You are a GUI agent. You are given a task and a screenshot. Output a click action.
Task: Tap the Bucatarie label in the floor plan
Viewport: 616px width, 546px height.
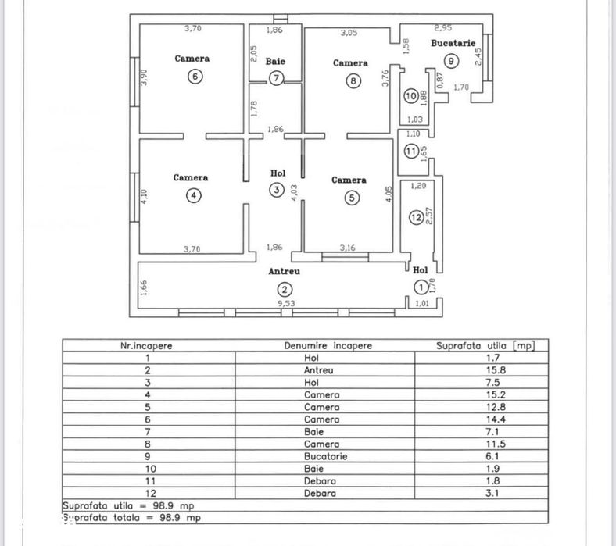pyautogui.click(x=453, y=44)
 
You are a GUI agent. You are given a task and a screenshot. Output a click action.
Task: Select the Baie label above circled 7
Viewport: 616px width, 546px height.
pyautogui.click(x=274, y=61)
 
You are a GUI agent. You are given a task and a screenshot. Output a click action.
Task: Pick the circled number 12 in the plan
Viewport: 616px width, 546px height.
pyautogui.click(x=416, y=218)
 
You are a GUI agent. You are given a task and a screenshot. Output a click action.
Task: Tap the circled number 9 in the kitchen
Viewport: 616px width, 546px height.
pyautogui.click(x=450, y=60)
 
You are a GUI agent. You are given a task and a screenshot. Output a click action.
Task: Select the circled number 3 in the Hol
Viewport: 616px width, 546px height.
pyautogui.click(x=275, y=191)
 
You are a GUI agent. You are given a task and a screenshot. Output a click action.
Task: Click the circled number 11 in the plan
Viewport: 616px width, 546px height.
pyautogui.click(x=412, y=151)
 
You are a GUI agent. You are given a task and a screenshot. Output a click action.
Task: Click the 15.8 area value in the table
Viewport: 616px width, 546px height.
pyautogui.click(x=480, y=370)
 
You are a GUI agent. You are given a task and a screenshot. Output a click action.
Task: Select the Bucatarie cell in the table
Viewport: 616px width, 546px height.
pyautogui.click(x=322, y=456)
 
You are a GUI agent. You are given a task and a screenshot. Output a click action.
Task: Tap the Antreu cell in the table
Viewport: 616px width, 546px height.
pyautogui.click(x=322, y=370)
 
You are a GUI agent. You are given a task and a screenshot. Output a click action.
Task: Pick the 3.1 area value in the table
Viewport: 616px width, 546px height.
pyautogui.click(x=480, y=494)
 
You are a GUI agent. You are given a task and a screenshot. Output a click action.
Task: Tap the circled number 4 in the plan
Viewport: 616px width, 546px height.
pyautogui.click(x=193, y=196)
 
